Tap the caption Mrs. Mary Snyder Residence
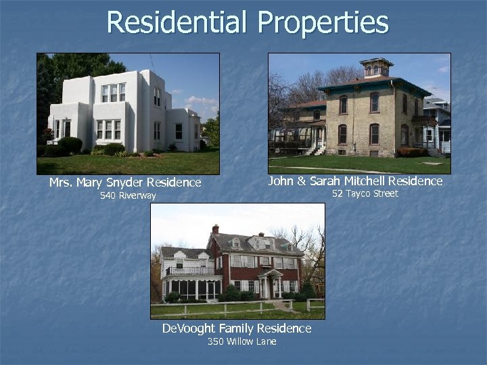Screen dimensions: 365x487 point(125,182)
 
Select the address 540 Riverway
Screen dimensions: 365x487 point(128,196)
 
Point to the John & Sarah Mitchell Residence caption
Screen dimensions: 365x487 point(355,181)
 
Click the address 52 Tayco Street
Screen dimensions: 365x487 point(365,194)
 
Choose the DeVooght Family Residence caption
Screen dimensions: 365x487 point(237,328)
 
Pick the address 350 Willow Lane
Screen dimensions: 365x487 point(241,342)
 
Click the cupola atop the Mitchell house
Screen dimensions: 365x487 point(376,68)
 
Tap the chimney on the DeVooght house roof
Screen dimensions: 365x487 point(215,229)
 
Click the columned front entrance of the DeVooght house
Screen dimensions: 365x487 point(271,284)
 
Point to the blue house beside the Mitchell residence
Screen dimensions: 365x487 point(438,128)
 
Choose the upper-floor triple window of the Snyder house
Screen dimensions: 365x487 point(113,93)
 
